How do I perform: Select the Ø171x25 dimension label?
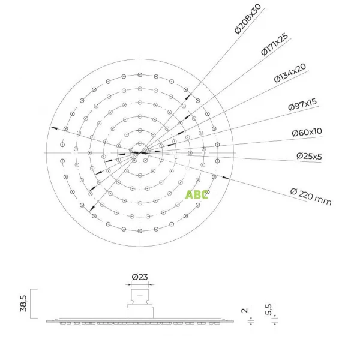pos(275,45)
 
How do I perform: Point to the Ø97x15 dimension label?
pos(302,104)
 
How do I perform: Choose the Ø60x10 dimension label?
pos(307,132)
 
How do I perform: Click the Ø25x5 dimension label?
pos(309,156)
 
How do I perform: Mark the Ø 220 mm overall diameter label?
pos(310,196)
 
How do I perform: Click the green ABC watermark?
pos(197,194)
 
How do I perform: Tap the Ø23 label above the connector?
pos(140,277)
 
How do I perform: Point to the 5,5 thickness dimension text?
pos(268,309)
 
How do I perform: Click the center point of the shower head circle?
pos(140,152)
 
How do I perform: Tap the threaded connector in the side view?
pos(140,295)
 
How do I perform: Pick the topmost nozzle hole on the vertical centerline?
pos(140,75)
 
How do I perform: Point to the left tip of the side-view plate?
pos(47,321)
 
